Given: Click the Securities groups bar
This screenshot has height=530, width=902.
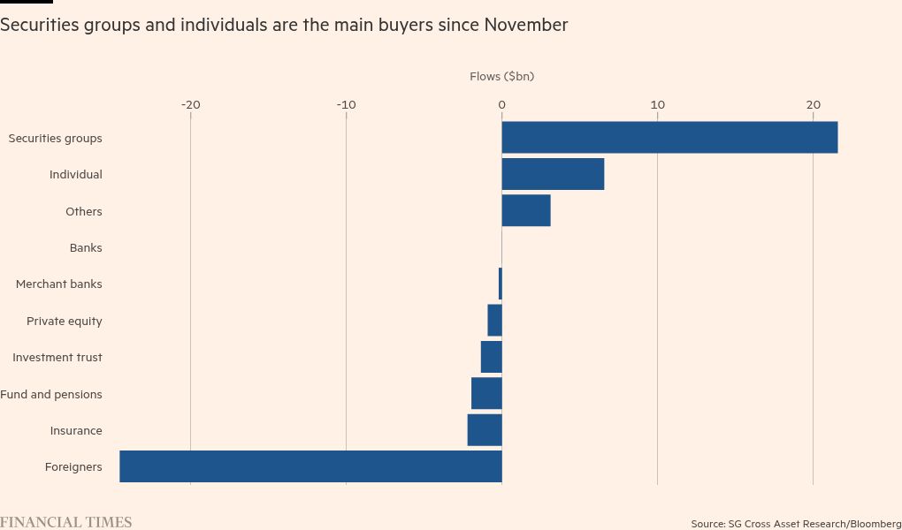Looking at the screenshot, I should (669, 138).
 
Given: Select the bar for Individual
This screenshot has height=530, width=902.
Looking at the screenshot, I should (553, 174).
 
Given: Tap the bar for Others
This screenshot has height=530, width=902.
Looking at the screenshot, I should (526, 211).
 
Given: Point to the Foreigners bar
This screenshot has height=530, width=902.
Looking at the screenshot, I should (310, 466).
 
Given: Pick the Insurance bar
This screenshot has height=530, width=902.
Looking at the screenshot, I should (485, 430).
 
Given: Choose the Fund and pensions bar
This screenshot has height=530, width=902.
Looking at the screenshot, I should (486, 394).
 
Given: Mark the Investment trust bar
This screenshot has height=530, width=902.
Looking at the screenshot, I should (492, 357).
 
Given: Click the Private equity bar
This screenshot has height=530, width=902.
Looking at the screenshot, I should (495, 320).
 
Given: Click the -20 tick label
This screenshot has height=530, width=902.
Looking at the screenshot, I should (191, 105).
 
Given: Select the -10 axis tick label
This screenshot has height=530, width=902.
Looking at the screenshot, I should (347, 105).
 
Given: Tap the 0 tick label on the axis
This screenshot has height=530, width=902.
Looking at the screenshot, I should (502, 105).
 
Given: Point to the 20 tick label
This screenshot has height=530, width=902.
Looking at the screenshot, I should (813, 105).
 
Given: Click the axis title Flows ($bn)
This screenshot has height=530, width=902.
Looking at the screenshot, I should (502, 77).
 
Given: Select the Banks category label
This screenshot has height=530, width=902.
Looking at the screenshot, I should (86, 248).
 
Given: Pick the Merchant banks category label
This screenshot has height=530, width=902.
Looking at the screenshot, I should (59, 284).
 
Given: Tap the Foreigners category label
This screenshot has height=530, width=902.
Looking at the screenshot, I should (73, 467).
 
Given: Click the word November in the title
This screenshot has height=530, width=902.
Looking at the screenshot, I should (525, 26).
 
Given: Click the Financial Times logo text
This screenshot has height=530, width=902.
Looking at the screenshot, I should (66, 522).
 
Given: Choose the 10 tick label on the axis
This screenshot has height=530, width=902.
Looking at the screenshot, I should (658, 105).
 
